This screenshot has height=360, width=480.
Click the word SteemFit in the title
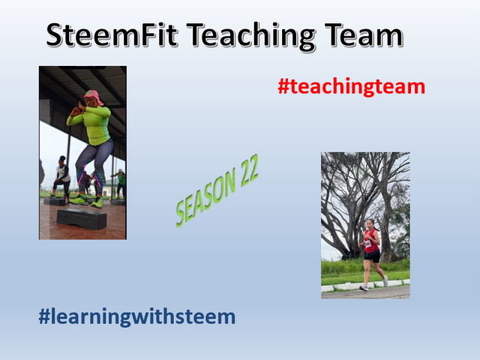click(112, 35)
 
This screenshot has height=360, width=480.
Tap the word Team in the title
click(363, 35)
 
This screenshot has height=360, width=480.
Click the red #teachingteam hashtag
click(352, 87)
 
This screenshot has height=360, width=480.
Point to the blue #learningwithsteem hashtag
click(136, 316)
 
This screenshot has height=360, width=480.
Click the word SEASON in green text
click(205, 198)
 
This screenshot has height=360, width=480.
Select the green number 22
click(249, 170)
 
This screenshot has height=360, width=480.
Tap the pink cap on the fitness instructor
click(93, 97)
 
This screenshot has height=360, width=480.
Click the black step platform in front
click(82, 218)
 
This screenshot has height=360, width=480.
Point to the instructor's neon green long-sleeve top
click(91, 123)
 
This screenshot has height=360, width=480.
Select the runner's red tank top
click(371, 241)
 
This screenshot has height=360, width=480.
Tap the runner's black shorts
click(372, 256)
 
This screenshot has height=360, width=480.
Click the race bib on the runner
click(368, 244)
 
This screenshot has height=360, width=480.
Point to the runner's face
click(370, 225)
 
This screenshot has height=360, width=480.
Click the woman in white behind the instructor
click(61, 178)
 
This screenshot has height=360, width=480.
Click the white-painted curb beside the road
click(365, 286)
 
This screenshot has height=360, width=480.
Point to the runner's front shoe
click(364, 288)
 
